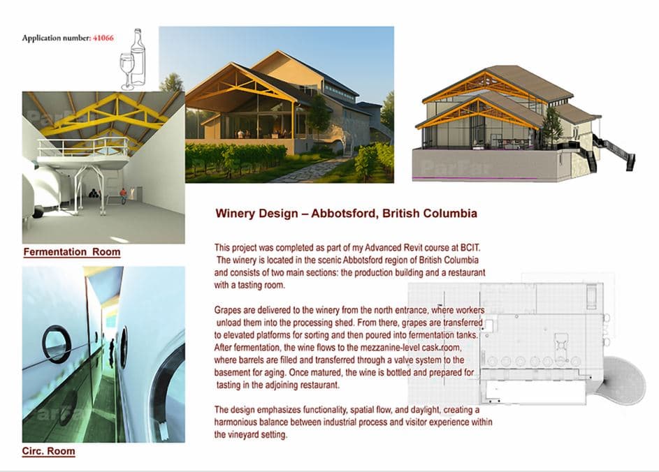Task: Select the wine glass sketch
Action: (126, 71)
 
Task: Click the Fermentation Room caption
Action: (72, 252)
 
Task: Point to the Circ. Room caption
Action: (49, 451)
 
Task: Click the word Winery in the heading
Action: (236, 213)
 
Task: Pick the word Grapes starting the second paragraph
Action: (229, 309)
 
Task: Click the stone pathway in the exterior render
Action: (307, 171)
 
